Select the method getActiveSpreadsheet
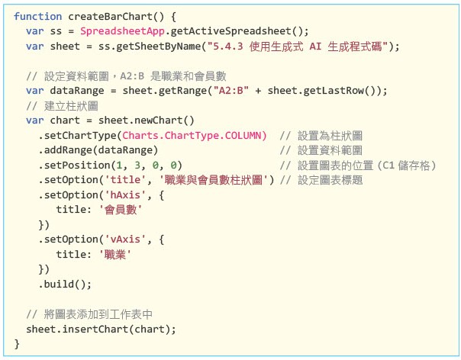(238, 31)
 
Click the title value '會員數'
(121, 209)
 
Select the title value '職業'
(114, 254)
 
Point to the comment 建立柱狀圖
(66, 105)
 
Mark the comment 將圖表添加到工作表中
(90, 313)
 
